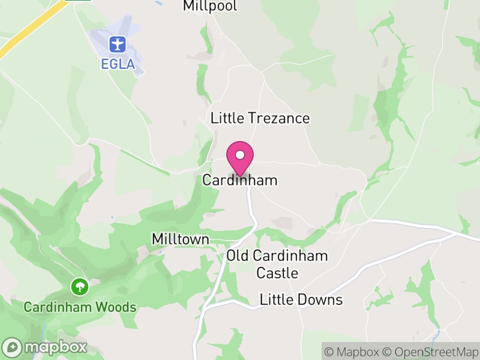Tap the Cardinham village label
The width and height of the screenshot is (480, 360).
point(240,180)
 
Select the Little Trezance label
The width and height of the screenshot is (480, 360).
point(260,118)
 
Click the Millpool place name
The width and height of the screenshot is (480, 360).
point(210,7)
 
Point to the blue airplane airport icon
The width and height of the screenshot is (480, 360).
point(117,44)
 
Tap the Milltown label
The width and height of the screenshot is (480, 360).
point(180,239)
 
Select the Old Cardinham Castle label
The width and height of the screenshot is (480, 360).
point(277,264)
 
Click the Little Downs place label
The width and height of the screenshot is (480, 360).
point(301,300)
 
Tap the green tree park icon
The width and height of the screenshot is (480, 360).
point(79,287)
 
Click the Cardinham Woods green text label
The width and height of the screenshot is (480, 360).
point(80,307)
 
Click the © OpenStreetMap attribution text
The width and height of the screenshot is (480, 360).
point(431,352)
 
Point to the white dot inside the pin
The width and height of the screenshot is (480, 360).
point(240,155)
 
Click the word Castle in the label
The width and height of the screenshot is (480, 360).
point(277,273)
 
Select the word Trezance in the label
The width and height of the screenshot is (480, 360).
point(281,118)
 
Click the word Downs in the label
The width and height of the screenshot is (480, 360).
point(322,300)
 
